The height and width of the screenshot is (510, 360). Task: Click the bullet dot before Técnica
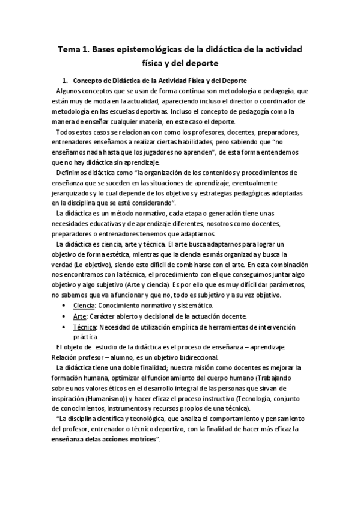[64, 327]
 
